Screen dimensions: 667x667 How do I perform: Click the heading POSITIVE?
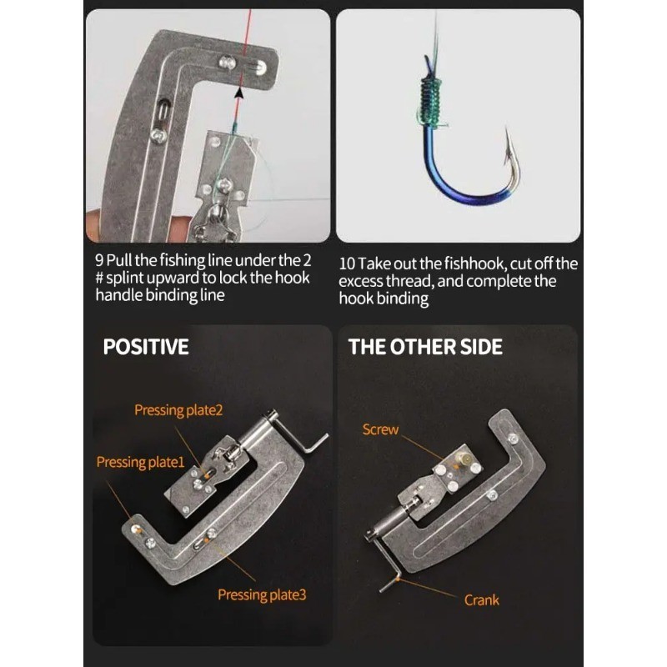(x=146, y=347)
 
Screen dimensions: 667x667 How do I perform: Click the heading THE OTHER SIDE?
(x=425, y=347)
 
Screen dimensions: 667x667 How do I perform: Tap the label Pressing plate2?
(x=178, y=410)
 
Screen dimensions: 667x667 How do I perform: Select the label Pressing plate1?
(x=139, y=461)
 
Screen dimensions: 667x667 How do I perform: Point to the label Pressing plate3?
(x=262, y=594)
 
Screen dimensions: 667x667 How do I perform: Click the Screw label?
(x=380, y=429)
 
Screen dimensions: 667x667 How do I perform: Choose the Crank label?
(x=481, y=599)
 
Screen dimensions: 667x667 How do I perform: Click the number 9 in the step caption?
(x=99, y=259)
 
